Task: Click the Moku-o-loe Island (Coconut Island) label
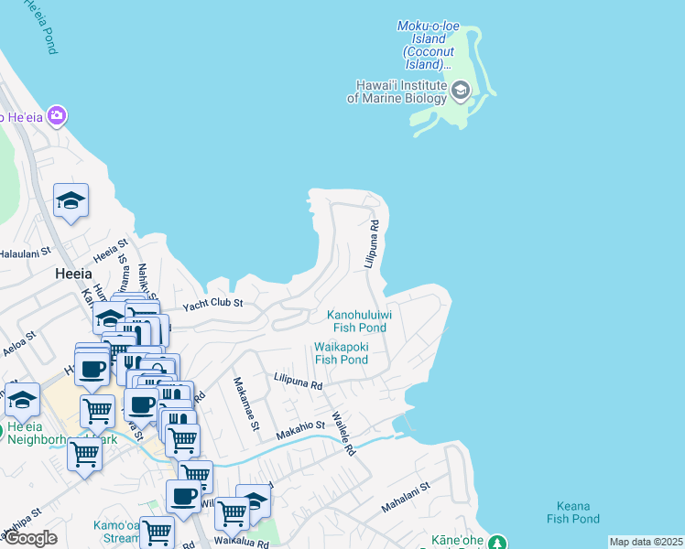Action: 421,46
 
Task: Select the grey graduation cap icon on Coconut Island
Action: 460,90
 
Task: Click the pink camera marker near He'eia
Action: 57,115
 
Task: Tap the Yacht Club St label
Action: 212,303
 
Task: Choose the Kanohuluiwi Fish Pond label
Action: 359,321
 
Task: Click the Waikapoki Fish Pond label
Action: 342,353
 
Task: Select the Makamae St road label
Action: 245,403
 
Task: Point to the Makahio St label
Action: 301,425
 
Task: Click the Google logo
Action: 30,539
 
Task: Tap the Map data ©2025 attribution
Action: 645,542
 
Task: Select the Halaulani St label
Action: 28,254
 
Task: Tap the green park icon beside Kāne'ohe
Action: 497,543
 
